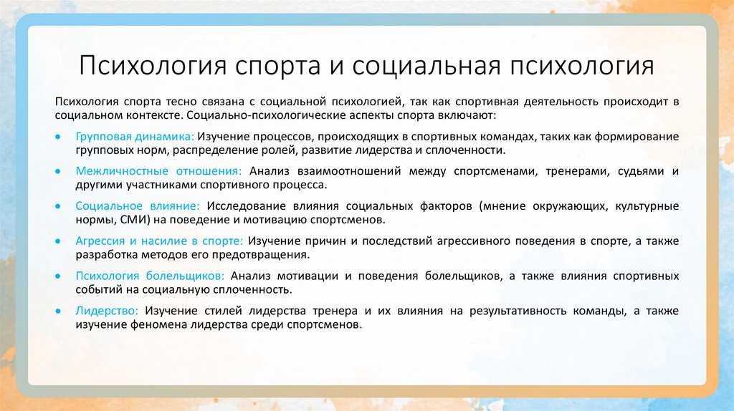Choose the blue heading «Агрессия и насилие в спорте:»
[159, 241]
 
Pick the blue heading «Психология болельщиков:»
[151, 276]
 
